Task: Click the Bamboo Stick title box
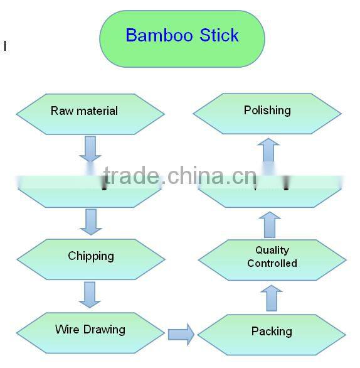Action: point(182,38)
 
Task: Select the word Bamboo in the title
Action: point(159,35)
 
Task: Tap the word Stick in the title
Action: point(220,35)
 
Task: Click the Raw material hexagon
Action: point(90,113)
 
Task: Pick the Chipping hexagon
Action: point(90,258)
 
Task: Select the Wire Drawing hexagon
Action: point(90,331)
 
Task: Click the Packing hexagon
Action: point(272,333)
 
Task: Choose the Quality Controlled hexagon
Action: point(272,258)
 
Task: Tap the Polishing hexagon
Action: point(267,112)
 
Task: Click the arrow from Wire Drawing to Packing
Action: point(181,333)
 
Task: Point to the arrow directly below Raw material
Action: point(90,149)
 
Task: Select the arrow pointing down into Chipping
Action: point(90,222)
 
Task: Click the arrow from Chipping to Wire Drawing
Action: point(90,295)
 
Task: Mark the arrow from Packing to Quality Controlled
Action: point(271,297)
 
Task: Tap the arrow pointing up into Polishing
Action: point(269,151)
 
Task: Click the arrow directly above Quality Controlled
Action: point(269,224)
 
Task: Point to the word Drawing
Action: point(106,330)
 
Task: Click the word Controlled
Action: point(272,264)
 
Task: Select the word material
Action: point(98,111)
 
